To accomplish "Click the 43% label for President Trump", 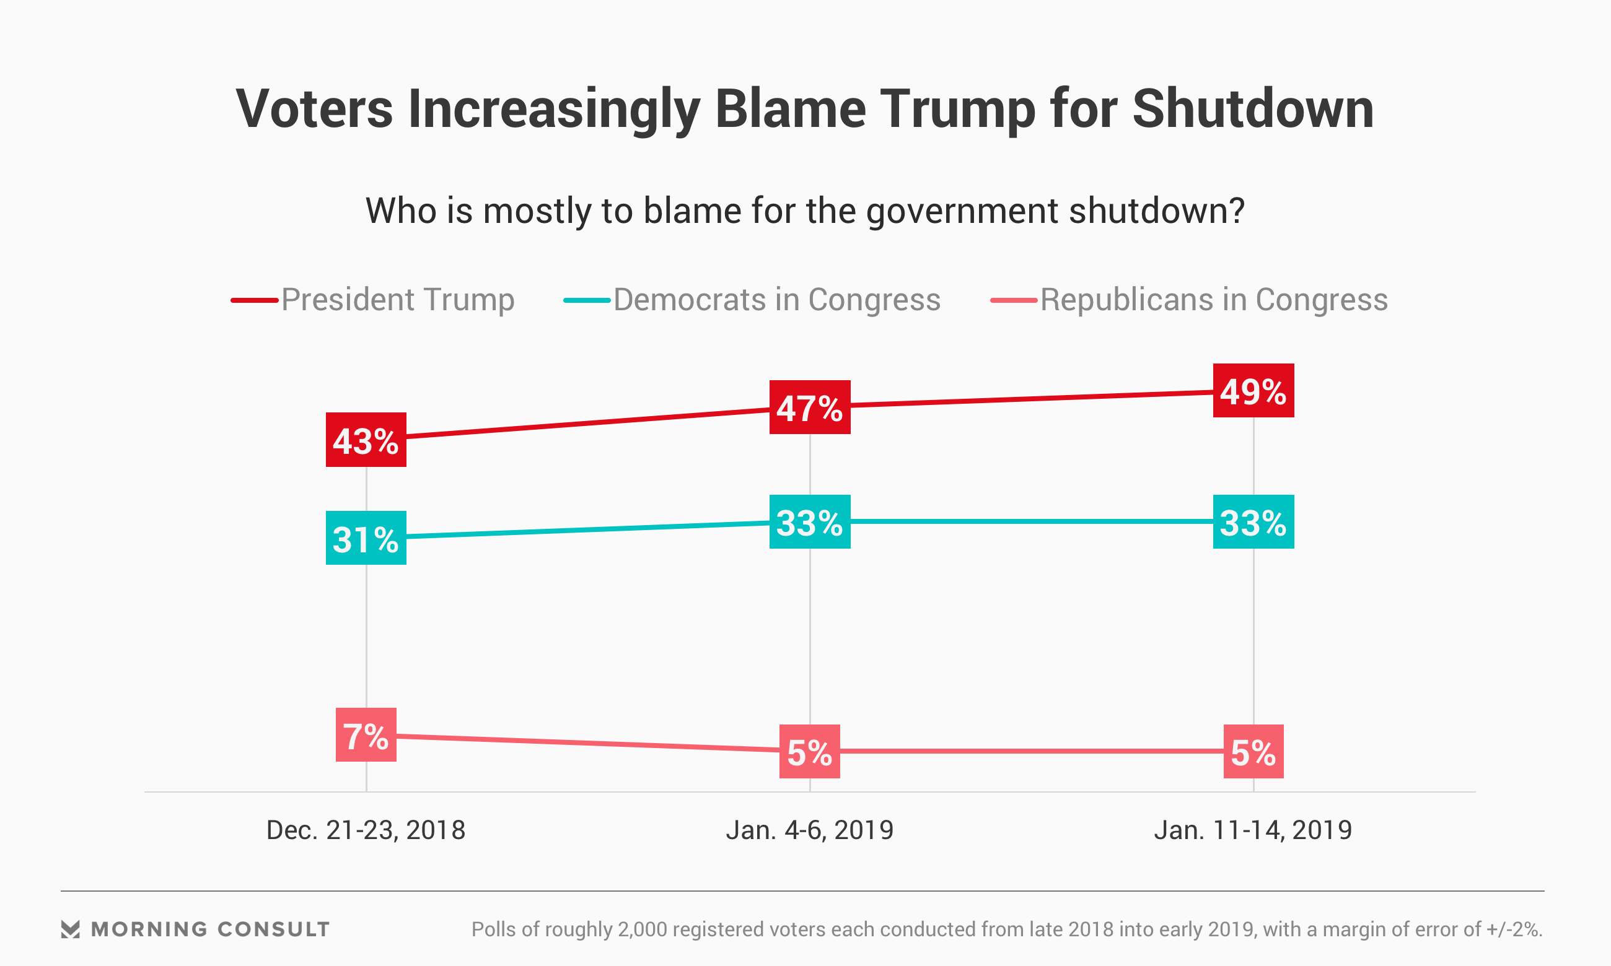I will pyautogui.click(x=366, y=440).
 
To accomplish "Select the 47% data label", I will pyautogui.click(x=809, y=407).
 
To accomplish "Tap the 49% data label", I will pyautogui.click(x=1253, y=391).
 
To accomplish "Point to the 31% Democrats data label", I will pyautogui.click(x=366, y=538).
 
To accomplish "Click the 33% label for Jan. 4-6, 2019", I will pyautogui.click(x=809, y=522).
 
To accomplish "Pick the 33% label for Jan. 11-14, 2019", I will pyautogui.click(x=1253, y=522).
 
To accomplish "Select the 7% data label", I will pyautogui.click(x=366, y=735).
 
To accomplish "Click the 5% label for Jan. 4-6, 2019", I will pyautogui.click(x=809, y=752).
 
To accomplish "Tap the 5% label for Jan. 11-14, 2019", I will pyautogui.click(x=1253, y=752).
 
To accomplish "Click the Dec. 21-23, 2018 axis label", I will pyautogui.click(x=366, y=830).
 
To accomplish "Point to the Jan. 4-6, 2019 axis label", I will pyautogui.click(x=809, y=830).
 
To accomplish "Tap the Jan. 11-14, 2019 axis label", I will pyautogui.click(x=1253, y=830).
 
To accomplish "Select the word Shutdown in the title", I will pyautogui.click(x=1253, y=110).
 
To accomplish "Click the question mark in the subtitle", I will pyautogui.click(x=1236, y=211).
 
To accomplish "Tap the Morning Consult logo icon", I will pyautogui.click(x=71, y=929).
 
